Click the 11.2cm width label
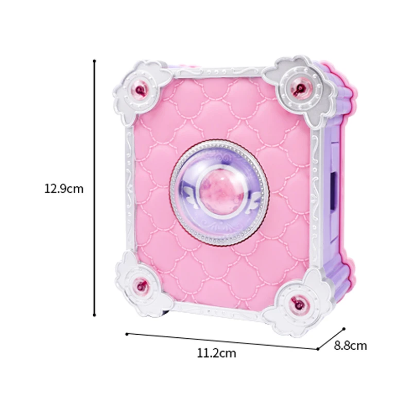pyautogui.click(x=216, y=353)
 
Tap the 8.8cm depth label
pyautogui.click(x=350, y=346)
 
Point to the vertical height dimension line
pyautogui.click(x=95, y=188)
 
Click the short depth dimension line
pyautogui.click(x=331, y=338)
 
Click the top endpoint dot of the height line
pyautogui.click(x=95, y=61)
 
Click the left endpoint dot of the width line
pyautogui.click(x=127, y=334)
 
